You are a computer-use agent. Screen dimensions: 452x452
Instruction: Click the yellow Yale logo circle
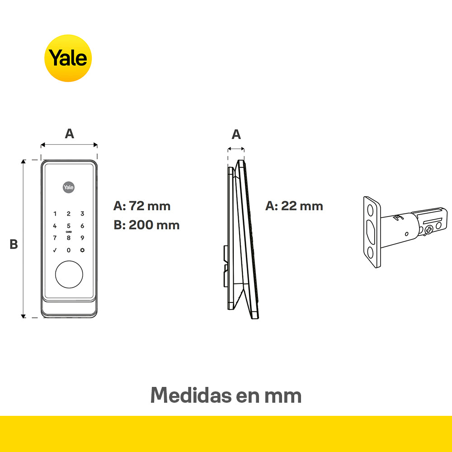68,58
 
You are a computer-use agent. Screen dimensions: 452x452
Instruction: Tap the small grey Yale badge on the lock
69,188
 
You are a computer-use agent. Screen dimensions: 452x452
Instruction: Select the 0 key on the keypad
69,250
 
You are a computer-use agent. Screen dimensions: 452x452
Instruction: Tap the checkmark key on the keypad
55,250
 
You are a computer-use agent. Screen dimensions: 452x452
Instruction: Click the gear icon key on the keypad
82,250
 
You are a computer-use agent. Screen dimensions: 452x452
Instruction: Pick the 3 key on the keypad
82,214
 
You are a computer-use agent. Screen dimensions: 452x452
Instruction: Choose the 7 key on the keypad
55,238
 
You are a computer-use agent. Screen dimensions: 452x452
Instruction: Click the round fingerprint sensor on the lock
69,274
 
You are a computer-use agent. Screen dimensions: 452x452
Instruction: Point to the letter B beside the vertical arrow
14,244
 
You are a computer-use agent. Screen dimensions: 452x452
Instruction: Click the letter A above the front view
70,134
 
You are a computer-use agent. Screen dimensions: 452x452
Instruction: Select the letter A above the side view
236,134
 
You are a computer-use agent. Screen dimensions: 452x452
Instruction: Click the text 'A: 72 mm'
142,206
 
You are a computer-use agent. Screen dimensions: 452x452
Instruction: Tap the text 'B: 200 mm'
146,225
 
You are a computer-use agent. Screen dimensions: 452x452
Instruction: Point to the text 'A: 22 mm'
294,206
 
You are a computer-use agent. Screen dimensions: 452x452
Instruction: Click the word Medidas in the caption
191,395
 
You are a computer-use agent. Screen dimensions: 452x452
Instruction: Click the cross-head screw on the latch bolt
428,230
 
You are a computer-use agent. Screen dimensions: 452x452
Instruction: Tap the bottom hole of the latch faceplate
370,253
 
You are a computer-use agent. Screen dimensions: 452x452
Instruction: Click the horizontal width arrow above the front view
69,145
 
